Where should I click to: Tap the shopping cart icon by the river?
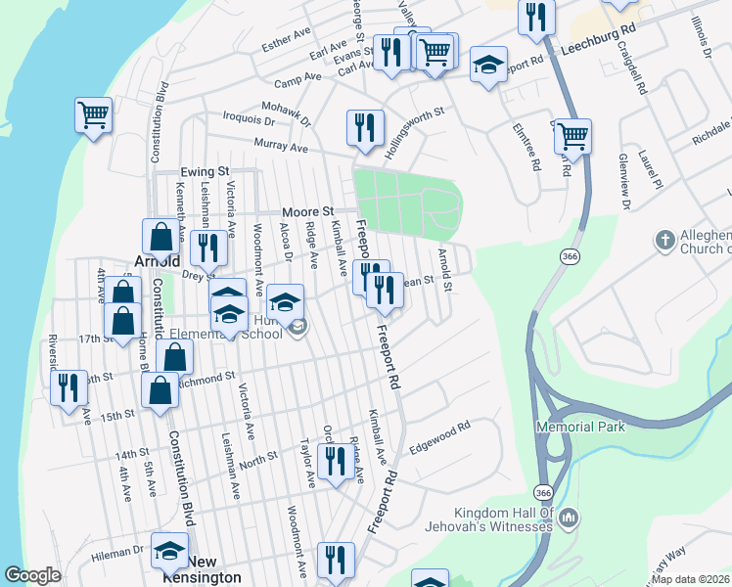click(x=94, y=115)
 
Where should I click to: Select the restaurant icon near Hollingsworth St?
click(x=365, y=127)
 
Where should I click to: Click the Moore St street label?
click(x=307, y=211)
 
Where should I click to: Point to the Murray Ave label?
click(x=281, y=147)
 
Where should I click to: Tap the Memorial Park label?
click(x=579, y=428)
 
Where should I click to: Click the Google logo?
click(x=33, y=575)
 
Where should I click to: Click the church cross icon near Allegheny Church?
click(x=664, y=240)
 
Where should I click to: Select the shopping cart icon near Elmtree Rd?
click(x=572, y=136)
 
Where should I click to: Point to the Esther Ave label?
click(x=286, y=44)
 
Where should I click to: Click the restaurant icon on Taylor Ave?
click(x=336, y=461)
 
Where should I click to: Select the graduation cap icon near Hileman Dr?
click(x=169, y=551)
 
